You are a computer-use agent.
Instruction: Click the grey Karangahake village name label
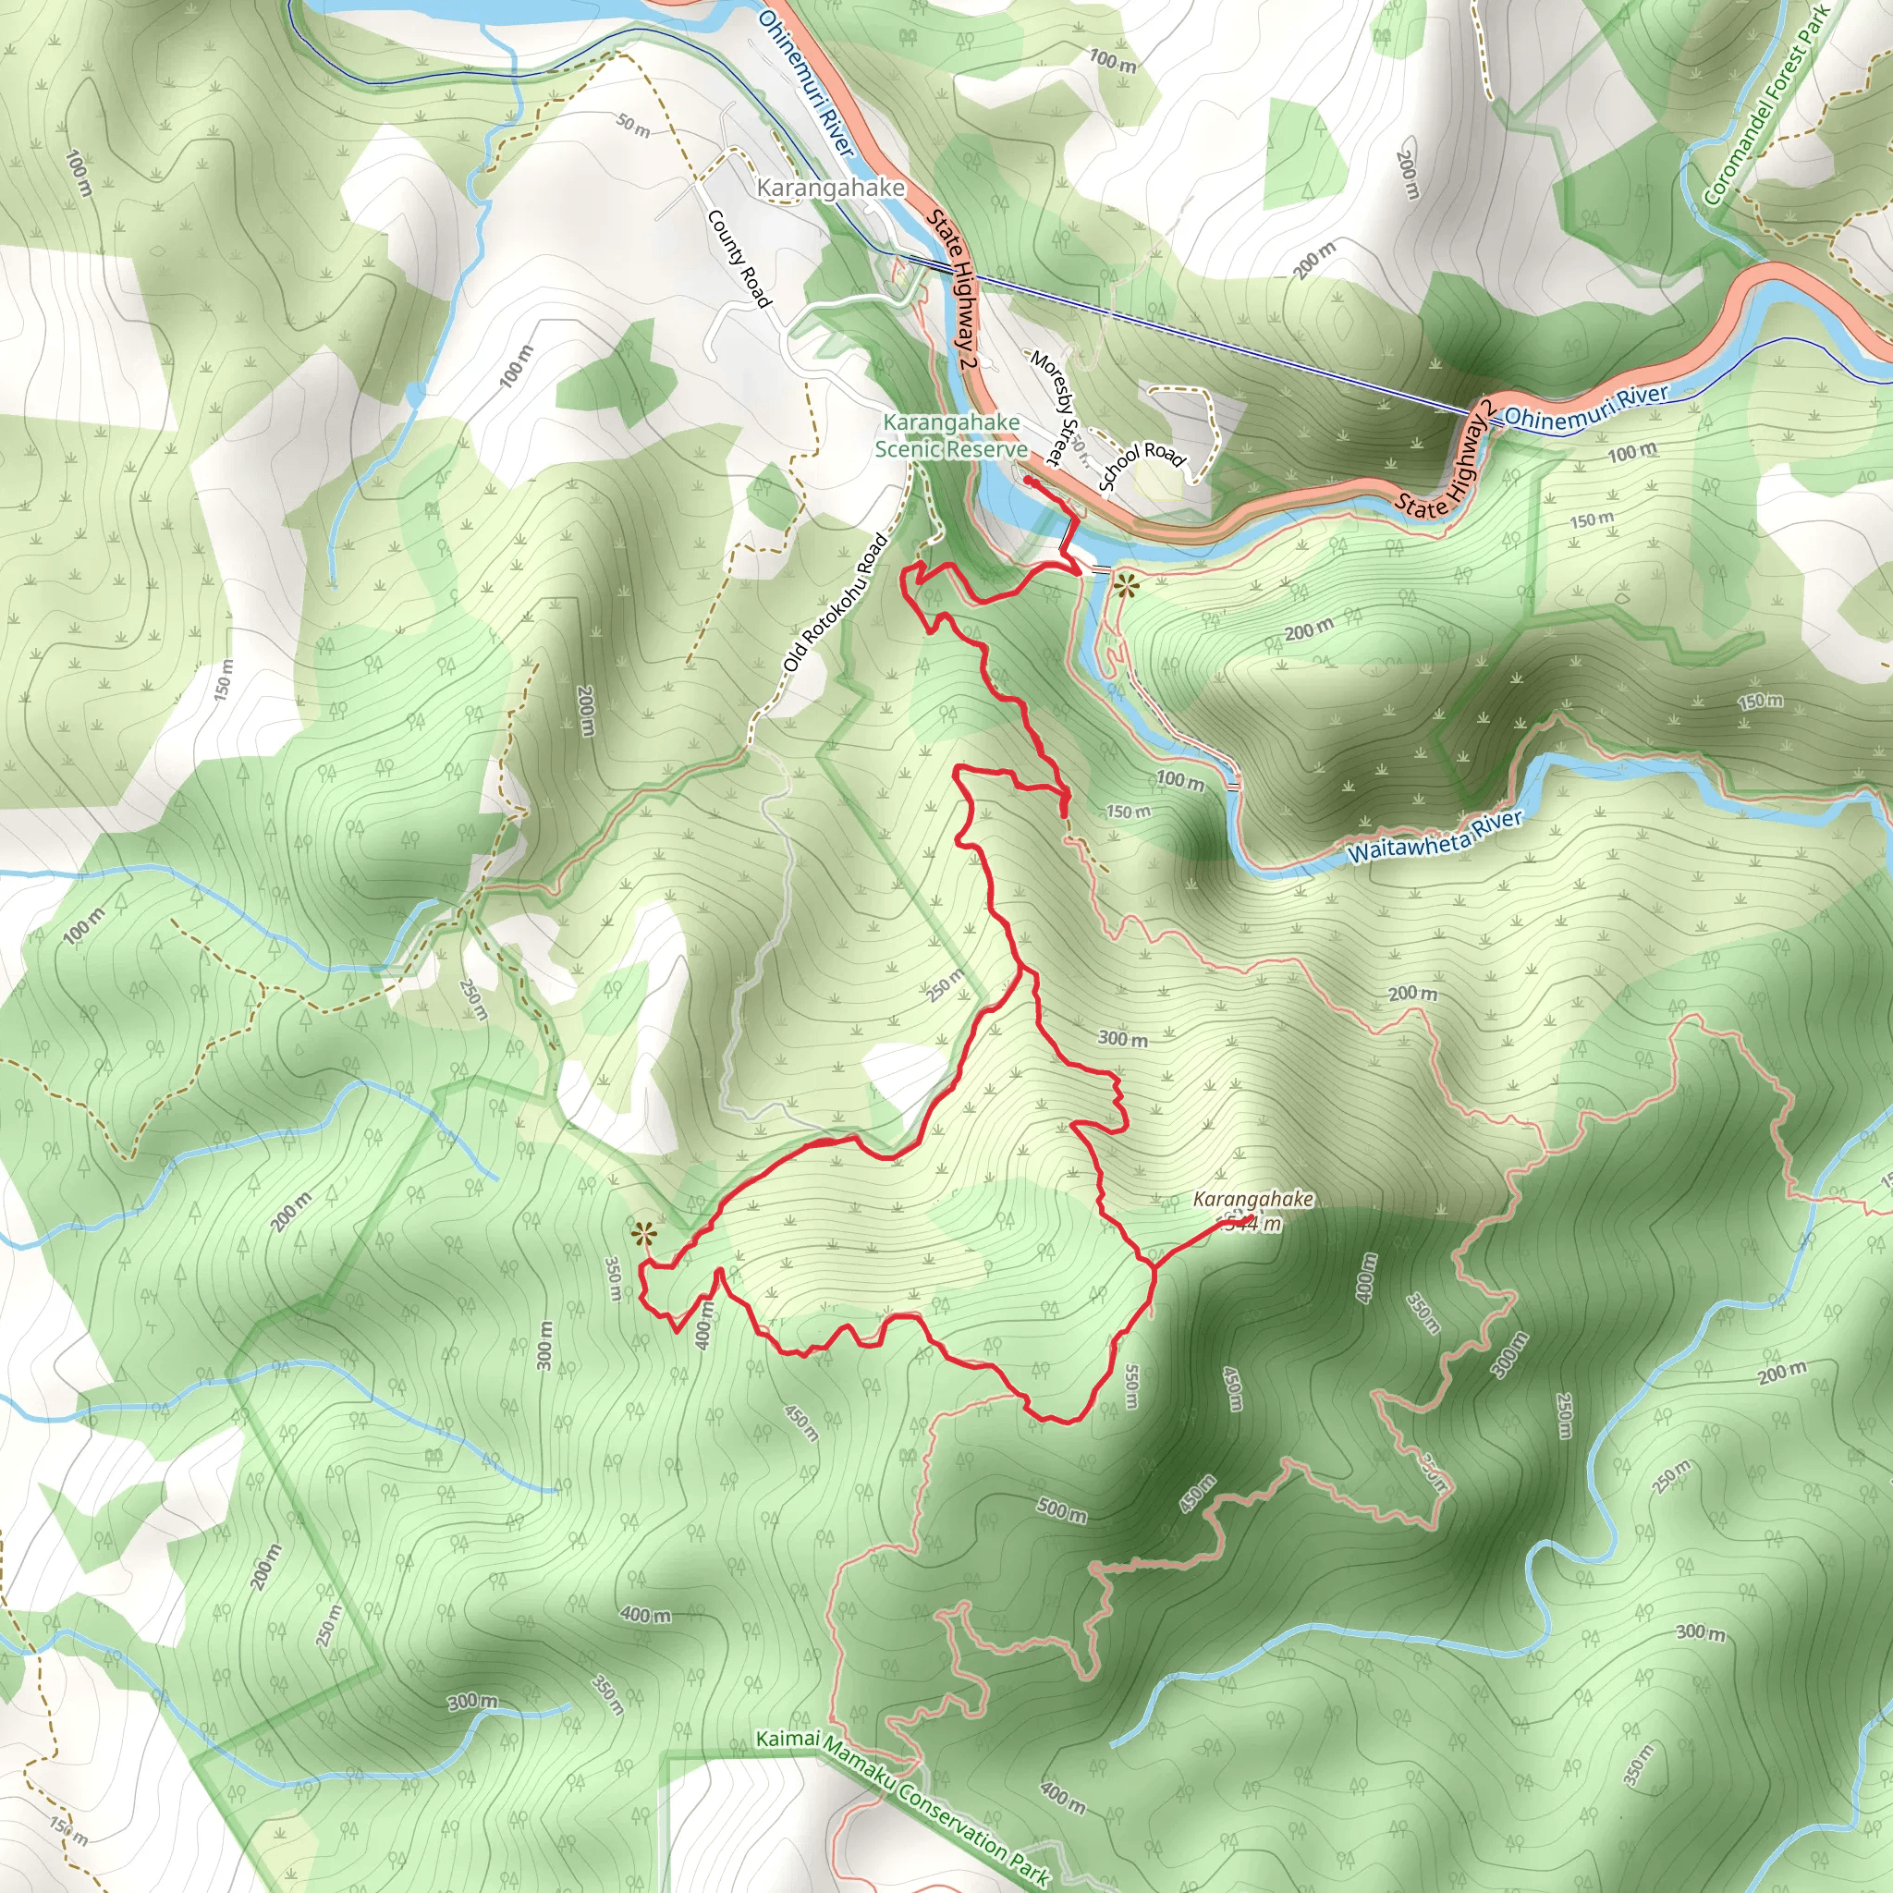pos(830,187)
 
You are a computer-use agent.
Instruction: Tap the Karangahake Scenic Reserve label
pos(951,436)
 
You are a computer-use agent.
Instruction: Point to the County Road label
pos(739,258)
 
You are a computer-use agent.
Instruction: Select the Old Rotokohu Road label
pos(835,604)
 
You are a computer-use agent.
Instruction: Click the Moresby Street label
pos(1055,408)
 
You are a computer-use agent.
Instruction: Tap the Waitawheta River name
pos(1435,836)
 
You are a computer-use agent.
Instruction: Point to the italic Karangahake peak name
pos(1252,1199)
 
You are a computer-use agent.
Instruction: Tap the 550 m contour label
pos(1132,1386)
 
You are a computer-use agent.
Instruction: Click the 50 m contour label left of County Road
pos(633,127)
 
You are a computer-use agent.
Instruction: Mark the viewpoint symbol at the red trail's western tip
pos(641,1233)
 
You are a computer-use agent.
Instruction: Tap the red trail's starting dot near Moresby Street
pos(1027,481)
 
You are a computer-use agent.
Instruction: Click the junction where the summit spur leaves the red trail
pos(1154,1268)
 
